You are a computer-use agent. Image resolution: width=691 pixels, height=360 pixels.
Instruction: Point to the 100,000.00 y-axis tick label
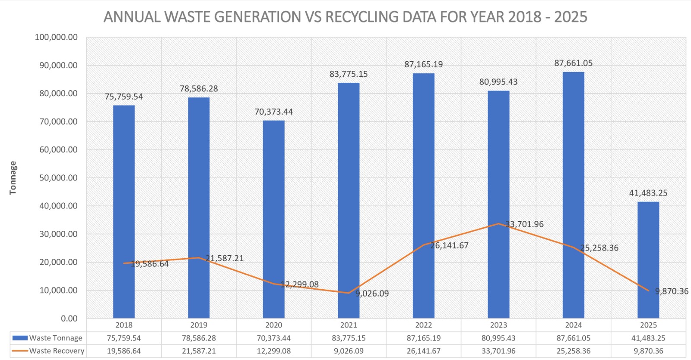[x=56, y=38]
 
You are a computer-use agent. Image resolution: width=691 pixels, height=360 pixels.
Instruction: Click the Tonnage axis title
[x=13, y=178]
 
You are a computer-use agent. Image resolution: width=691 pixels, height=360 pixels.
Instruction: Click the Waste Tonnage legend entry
[x=56, y=338]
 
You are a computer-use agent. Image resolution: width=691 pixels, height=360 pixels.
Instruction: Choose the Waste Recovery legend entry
[x=57, y=351]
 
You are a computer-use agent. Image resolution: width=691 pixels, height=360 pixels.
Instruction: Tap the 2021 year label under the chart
[x=349, y=325]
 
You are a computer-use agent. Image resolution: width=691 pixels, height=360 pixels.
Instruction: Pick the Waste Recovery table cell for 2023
[x=498, y=351]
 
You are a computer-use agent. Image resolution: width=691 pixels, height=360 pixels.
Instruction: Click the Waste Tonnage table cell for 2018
[x=124, y=338]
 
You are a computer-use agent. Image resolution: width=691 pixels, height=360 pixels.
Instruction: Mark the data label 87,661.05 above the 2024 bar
[x=573, y=63]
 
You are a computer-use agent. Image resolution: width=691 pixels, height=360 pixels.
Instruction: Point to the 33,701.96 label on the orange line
[x=524, y=224]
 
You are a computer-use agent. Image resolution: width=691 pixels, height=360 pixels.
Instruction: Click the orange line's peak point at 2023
[x=498, y=224]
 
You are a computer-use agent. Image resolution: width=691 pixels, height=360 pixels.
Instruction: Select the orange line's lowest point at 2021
[x=349, y=293]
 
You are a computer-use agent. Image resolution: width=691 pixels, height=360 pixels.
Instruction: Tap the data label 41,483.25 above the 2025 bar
[x=648, y=193]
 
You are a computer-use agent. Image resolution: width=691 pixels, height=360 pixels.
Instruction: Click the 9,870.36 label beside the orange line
[x=672, y=291]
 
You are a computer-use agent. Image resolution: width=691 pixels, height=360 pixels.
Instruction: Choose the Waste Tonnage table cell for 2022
[x=424, y=338]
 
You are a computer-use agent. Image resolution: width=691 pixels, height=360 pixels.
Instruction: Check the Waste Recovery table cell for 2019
[x=199, y=351]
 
